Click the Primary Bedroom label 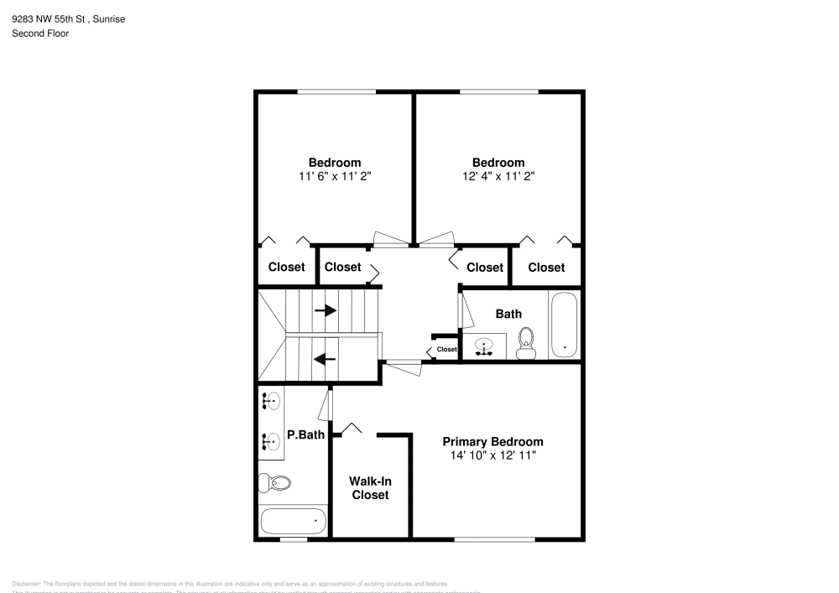pos(492,442)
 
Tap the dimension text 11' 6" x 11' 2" pos(335,176)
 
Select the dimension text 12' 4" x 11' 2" pos(498,176)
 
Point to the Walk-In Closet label pos(370,488)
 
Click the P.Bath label pos(305,434)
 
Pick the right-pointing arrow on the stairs pos(326,310)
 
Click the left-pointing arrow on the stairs pos(325,359)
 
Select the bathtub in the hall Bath pos(564,325)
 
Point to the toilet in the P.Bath pos(275,483)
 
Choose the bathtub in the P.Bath pos(293,521)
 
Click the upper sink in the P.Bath pos(270,401)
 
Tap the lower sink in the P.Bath pos(270,439)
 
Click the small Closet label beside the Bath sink pos(446,350)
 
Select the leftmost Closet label pos(286,268)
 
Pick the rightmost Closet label pos(546,268)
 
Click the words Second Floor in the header pos(40,34)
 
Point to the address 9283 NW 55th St pos(50,18)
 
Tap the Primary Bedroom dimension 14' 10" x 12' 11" pos(493,455)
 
